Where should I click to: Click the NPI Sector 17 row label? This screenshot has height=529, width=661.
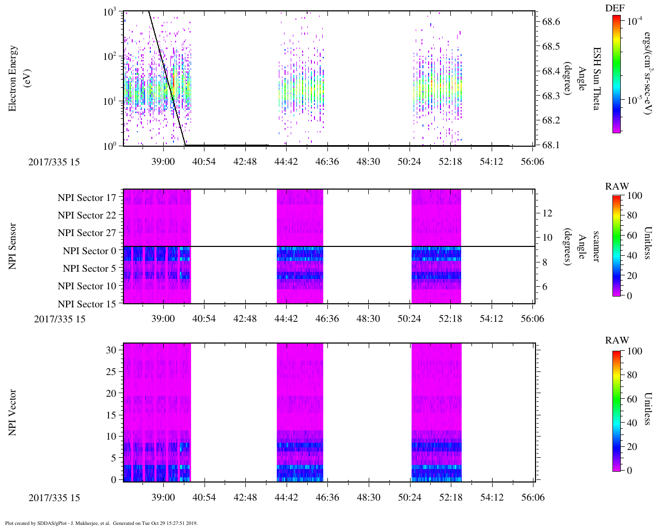pos(87,198)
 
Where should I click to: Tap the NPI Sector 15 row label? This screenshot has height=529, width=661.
pos(87,304)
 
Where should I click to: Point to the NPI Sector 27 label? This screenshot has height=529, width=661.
pos(87,233)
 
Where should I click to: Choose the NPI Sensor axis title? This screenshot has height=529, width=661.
pos(13,246)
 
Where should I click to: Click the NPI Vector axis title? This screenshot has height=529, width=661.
pos(13,413)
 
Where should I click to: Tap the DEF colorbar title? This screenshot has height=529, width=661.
pos(615,8)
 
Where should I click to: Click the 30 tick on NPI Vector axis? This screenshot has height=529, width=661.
pos(112,350)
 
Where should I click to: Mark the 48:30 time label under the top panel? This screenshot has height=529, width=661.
pos(368,162)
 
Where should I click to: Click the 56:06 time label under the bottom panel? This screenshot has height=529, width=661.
pos(532,497)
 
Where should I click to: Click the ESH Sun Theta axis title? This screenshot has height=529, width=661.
pos(596,79)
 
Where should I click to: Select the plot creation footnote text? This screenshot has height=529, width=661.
pos(101,523)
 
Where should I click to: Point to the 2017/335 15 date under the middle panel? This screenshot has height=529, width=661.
pos(59,319)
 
